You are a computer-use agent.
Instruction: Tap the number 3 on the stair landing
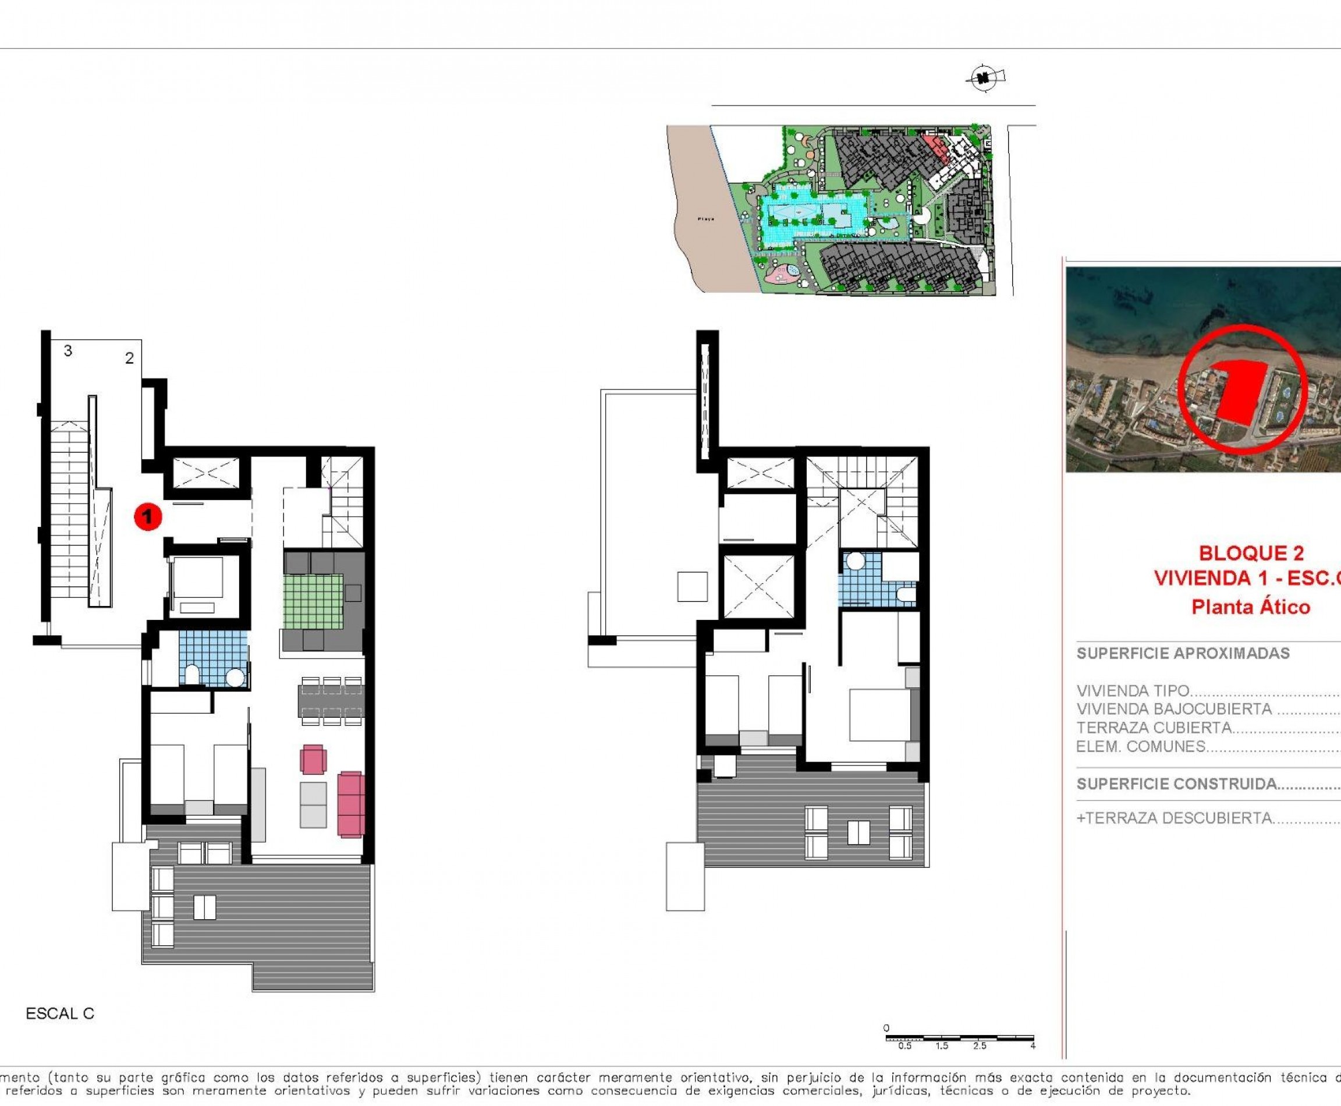pyautogui.click(x=68, y=350)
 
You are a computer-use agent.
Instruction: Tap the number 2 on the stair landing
pyautogui.click(x=129, y=358)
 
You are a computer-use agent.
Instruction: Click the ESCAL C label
pyautogui.click(x=60, y=1013)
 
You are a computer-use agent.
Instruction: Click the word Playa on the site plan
pyautogui.click(x=705, y=218)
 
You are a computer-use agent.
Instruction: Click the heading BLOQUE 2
pyautogui.click(x=1251, y=552)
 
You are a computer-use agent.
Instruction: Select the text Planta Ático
pyautogui.click(x=1251, y=607)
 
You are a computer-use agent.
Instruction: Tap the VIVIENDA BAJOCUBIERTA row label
pyautogui.click(x=1173, y=709)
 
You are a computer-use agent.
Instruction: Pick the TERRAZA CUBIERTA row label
pyautogui.click(x=1153, y=728)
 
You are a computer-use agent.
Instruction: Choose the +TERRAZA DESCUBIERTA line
pyautogui.click(x=1173, y=818)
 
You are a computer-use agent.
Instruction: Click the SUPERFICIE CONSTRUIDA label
pyautogui.click(x=1176, y=784)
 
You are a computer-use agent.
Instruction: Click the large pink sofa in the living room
pyautogui.click(x=351, y=804)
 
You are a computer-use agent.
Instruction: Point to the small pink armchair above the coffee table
pyautogui.click(x=313, y=760)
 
